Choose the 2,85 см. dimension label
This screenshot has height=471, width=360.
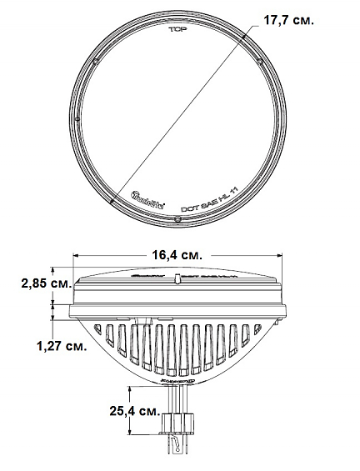pos(24,283)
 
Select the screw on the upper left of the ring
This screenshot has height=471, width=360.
pos(97,63)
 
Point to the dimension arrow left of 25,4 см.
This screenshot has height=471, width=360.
pos(132,410)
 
